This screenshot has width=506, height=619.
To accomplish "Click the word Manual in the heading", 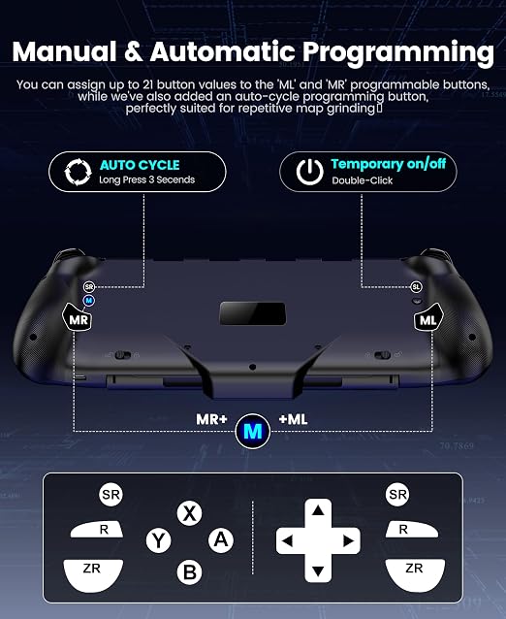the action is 65,51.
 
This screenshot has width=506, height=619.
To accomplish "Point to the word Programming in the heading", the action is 398,53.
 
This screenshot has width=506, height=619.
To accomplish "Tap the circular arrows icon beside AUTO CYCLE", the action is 79,172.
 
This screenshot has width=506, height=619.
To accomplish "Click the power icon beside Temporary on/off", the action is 310,172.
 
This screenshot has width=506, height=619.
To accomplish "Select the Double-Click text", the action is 362,180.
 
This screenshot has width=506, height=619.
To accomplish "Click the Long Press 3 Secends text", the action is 146,179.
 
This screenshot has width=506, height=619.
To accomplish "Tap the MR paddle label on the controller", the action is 79,319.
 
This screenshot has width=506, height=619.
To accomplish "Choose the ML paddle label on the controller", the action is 428,319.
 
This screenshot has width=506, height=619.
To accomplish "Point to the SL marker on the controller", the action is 416,287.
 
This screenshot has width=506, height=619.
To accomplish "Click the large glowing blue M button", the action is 253,432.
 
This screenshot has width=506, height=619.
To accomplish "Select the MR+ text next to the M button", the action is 211,419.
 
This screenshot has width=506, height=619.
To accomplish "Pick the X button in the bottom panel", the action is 189,513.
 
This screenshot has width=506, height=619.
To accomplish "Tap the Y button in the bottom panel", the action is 159,540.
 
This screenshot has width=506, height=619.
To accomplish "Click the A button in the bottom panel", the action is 221,539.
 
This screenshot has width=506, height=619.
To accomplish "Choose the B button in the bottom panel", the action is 190,572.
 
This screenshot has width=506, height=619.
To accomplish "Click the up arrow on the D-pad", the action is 318,511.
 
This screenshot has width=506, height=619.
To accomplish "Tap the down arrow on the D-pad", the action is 318,570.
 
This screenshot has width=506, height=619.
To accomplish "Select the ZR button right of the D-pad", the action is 415,574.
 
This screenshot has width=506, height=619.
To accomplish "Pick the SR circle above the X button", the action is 111,494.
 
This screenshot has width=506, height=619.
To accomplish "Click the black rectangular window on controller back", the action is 253,313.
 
